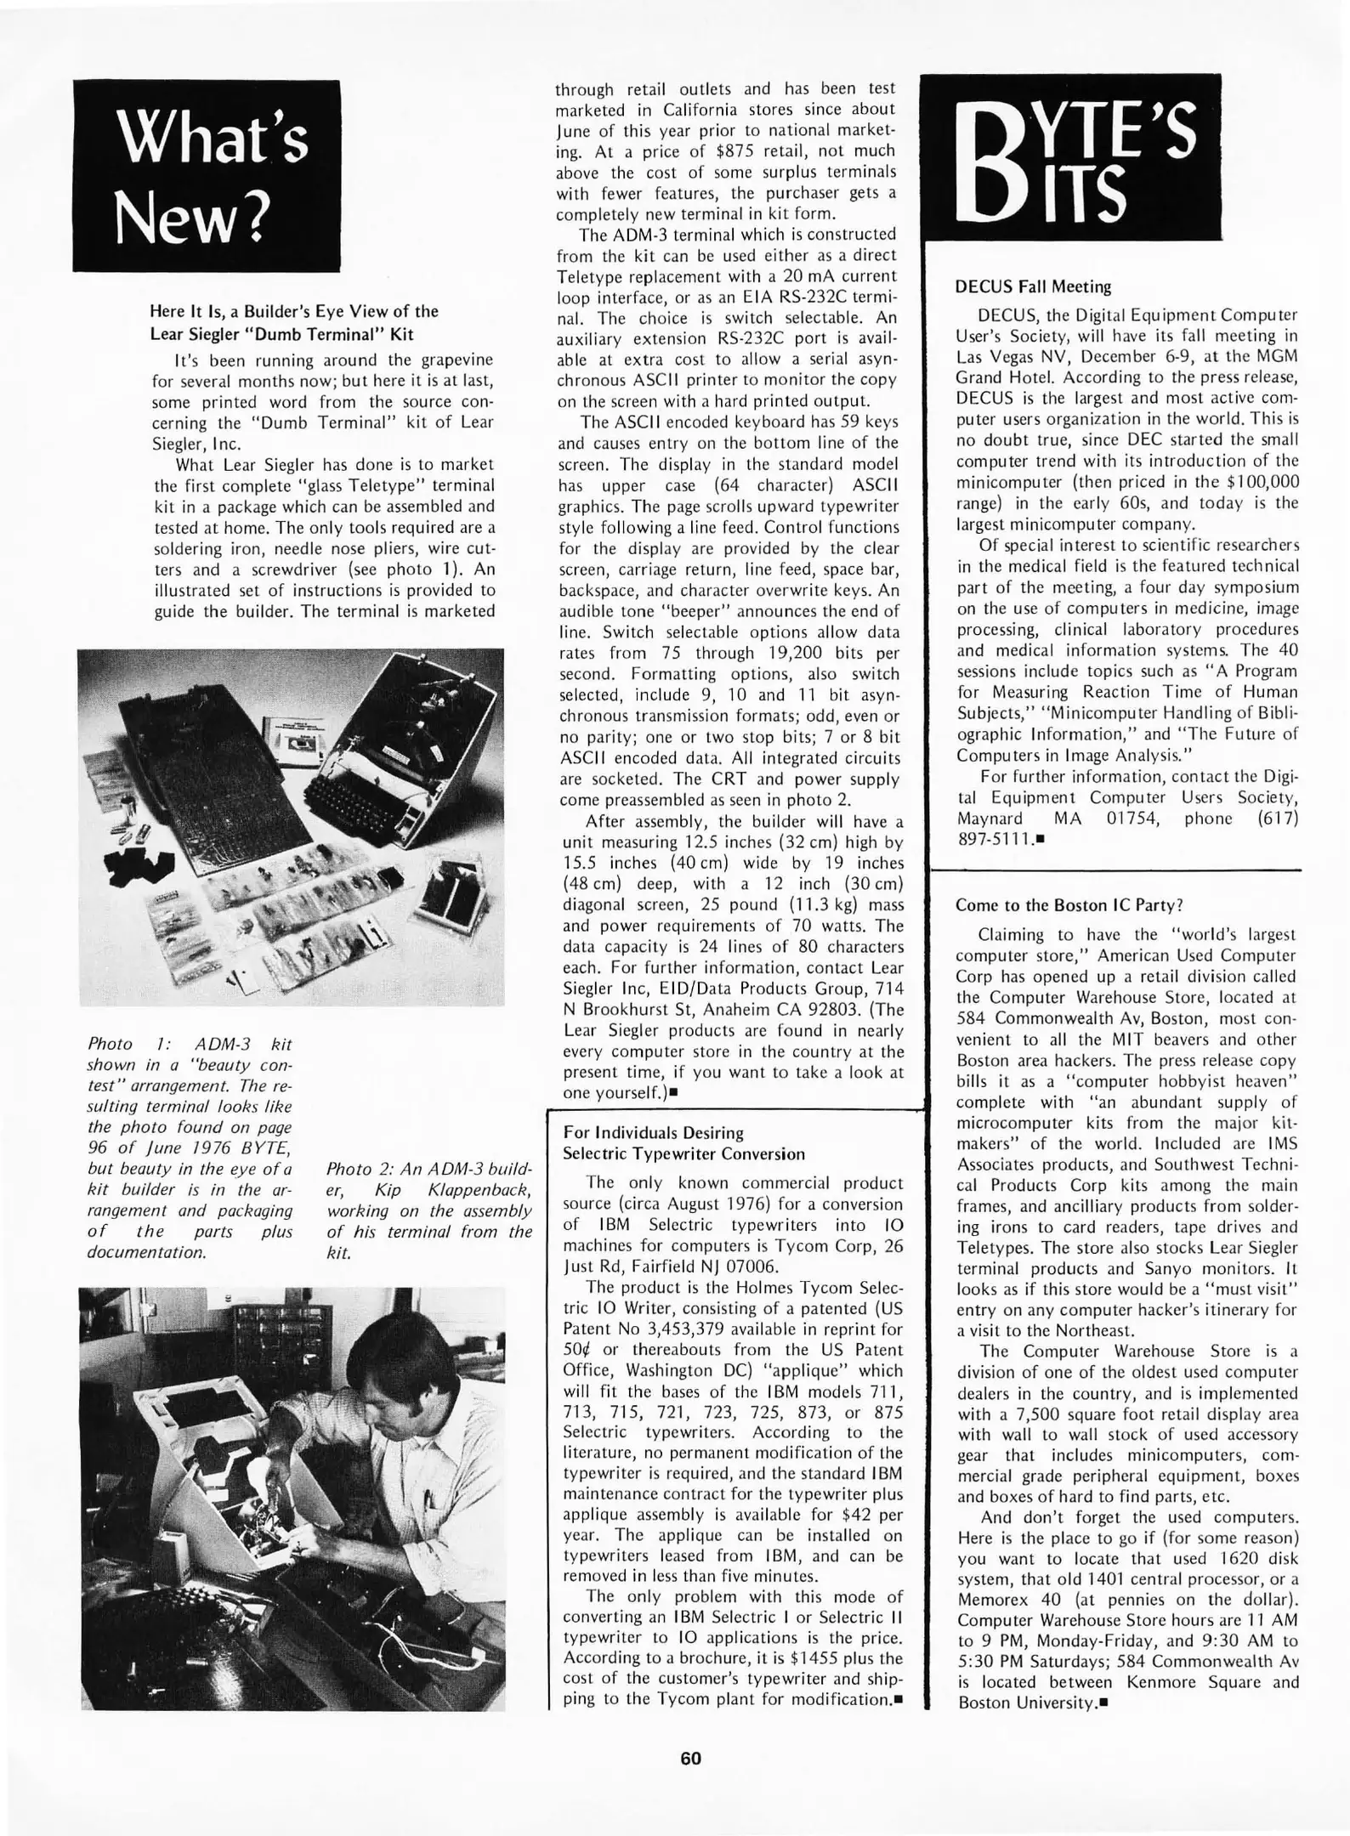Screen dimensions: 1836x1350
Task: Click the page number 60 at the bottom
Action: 690,1758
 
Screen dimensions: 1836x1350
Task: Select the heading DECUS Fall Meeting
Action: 1033,286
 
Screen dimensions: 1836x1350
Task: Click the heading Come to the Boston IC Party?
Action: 1069,905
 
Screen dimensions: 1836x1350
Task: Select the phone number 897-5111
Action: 994,839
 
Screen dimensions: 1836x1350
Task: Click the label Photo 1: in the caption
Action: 122,1044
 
